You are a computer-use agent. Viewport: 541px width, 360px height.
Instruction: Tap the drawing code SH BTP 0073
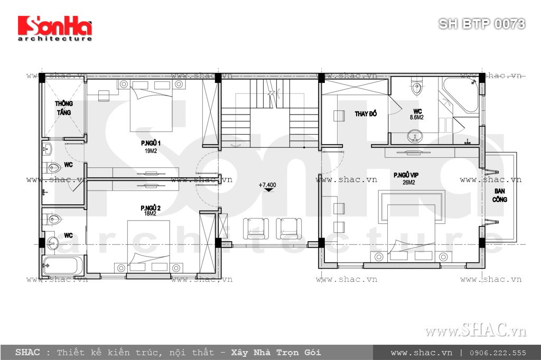tap(482, 24)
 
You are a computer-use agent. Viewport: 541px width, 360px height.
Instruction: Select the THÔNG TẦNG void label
tap(63, 108)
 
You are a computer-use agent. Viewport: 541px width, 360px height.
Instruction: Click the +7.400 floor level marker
tap(268, 186)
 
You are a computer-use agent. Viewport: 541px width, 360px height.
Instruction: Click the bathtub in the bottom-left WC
tap(63, 264)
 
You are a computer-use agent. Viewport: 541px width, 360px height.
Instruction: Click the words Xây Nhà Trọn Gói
tap(275, 353)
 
